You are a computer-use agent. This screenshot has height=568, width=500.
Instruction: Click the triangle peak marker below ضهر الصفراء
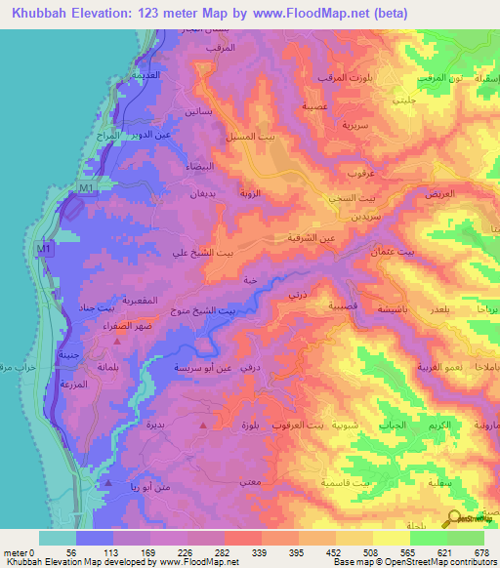tap(118, 341)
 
